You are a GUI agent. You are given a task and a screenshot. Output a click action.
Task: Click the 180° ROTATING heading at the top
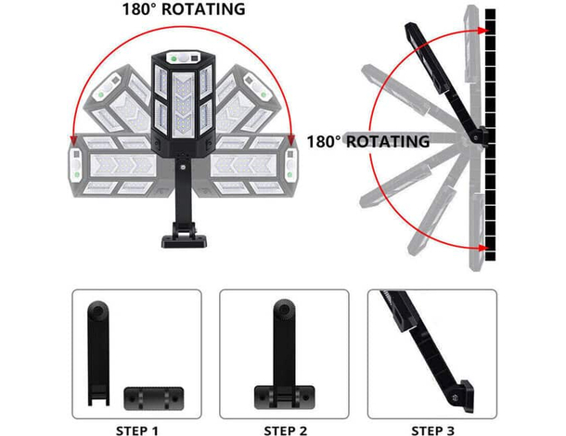point(183,10)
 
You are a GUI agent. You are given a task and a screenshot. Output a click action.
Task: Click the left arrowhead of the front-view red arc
point(72,140)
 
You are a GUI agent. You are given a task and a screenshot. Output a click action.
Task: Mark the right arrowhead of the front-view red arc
point(292,140)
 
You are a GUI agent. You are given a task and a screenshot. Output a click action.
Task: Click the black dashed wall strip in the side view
point(491,135)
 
